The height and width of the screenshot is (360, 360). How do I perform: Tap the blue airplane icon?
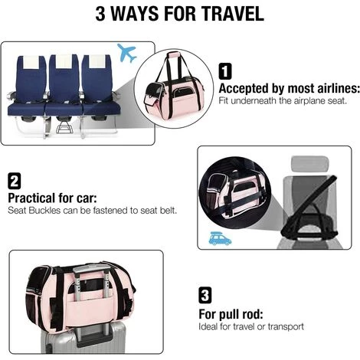(x=126, y=53)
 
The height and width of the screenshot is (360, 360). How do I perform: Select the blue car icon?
(x=220, y=239)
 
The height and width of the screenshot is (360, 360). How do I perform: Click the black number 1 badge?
(x=225, y=71)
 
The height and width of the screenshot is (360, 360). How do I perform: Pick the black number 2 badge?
(x=15, y=181)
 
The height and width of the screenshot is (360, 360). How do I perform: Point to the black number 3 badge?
(x=205, y=296)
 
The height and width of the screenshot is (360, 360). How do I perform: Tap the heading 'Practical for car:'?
(x=52, y=198)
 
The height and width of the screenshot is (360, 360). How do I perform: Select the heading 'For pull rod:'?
(x=231, y=314)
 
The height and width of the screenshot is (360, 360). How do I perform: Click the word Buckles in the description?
(x=44, y=211)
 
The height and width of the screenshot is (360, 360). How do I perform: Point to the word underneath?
(x=254, y=101)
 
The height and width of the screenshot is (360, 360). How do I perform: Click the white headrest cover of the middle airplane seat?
(x=64, y=61)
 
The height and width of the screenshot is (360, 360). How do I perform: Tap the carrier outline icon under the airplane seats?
(x=64, y=127)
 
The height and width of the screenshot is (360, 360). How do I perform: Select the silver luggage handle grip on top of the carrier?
(x=91, y=269)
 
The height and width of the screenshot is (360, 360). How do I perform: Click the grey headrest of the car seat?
(x=309, y=163)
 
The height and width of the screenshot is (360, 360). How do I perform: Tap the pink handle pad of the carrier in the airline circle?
(x=174, y=54)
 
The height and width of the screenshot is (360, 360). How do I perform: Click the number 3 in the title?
(x=100, y=14)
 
